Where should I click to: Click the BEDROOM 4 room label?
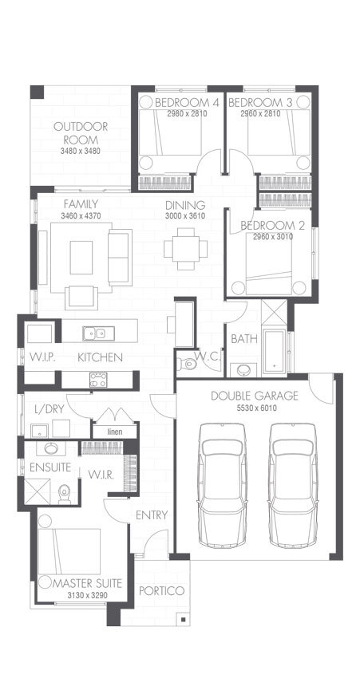pos(187,103)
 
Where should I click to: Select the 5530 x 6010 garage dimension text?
pos(255,408)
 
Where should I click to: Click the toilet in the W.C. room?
pos(188,365)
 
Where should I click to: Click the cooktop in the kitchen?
pos(98,380)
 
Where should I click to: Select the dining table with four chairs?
pos(185,248)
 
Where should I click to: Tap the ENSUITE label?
pos(50,467)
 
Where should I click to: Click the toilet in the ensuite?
pos(65,495)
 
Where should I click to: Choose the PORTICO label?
pos(161,591)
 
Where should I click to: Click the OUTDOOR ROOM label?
pos(81,133)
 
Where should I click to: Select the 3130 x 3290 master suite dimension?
pos(86,595)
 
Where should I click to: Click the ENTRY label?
pos(152,515)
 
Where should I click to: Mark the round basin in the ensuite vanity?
pos(52,448)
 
